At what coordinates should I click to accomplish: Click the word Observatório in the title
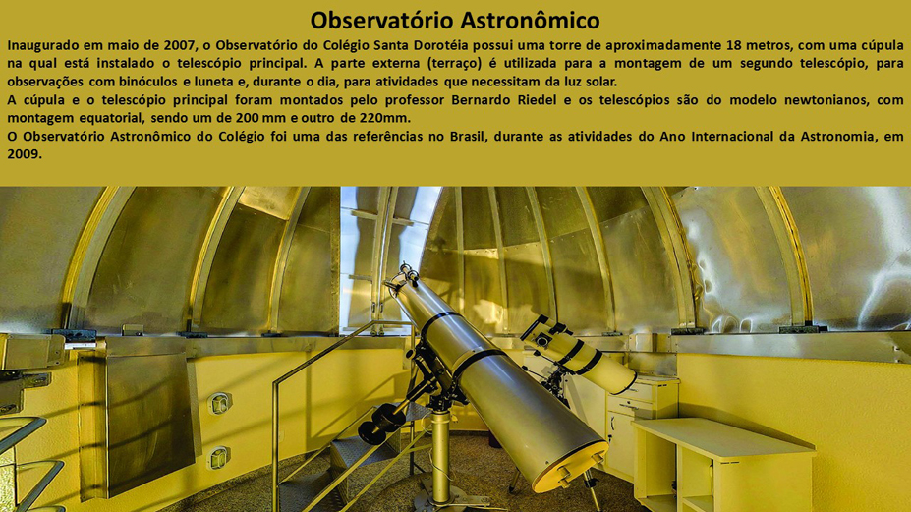click(x=382, y=21)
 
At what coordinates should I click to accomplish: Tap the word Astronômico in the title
click(x=531, y=21)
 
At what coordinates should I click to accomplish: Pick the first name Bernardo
click(x=479, y=100)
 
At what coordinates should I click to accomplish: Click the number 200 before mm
click(x=247, y=118)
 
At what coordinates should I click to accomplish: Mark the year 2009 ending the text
click(x=25, y=154)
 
